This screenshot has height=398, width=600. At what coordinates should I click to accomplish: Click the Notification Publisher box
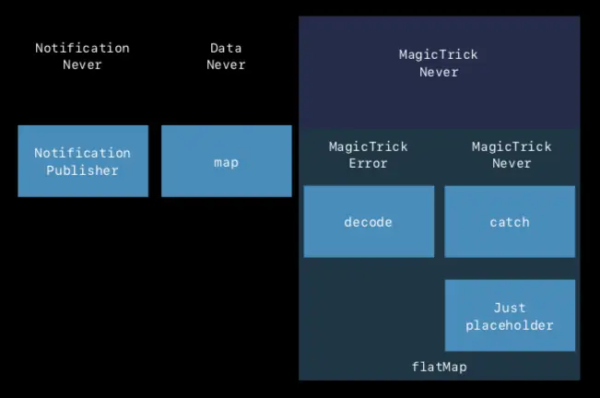(83, 161)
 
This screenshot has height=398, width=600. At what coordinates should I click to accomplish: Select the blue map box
(226, 161)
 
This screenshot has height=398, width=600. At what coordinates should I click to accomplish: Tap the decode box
(369, 221)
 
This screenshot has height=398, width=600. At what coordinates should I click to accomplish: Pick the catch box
(510, 221)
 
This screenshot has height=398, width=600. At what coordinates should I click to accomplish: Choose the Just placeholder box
(510, 316)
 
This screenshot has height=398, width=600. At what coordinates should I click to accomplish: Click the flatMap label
(439, 367)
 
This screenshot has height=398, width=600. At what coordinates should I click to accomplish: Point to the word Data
(226, 48)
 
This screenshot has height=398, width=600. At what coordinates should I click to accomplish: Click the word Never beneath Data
(226, 64)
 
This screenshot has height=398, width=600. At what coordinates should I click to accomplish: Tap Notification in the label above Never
(82, 48)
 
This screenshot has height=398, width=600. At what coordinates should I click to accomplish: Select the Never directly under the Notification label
(82, 64)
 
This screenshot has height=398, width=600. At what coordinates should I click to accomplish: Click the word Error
(368, 163)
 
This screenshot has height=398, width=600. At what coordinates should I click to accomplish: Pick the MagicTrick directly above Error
(368, 146)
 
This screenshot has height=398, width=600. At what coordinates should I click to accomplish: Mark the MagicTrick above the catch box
(512, 146)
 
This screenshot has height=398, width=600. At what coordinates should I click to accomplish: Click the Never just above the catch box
(512, 163)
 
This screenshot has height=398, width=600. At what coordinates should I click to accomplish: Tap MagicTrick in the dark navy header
(439, 54)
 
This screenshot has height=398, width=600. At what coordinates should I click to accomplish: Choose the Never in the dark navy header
(439, 72)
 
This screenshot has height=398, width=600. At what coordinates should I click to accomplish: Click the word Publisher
(82, 170)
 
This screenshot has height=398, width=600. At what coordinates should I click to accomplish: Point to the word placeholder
(510, 324)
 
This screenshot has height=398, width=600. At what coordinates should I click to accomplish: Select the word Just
(510, 308)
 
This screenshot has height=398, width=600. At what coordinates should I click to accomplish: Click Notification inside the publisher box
(82, 153)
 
